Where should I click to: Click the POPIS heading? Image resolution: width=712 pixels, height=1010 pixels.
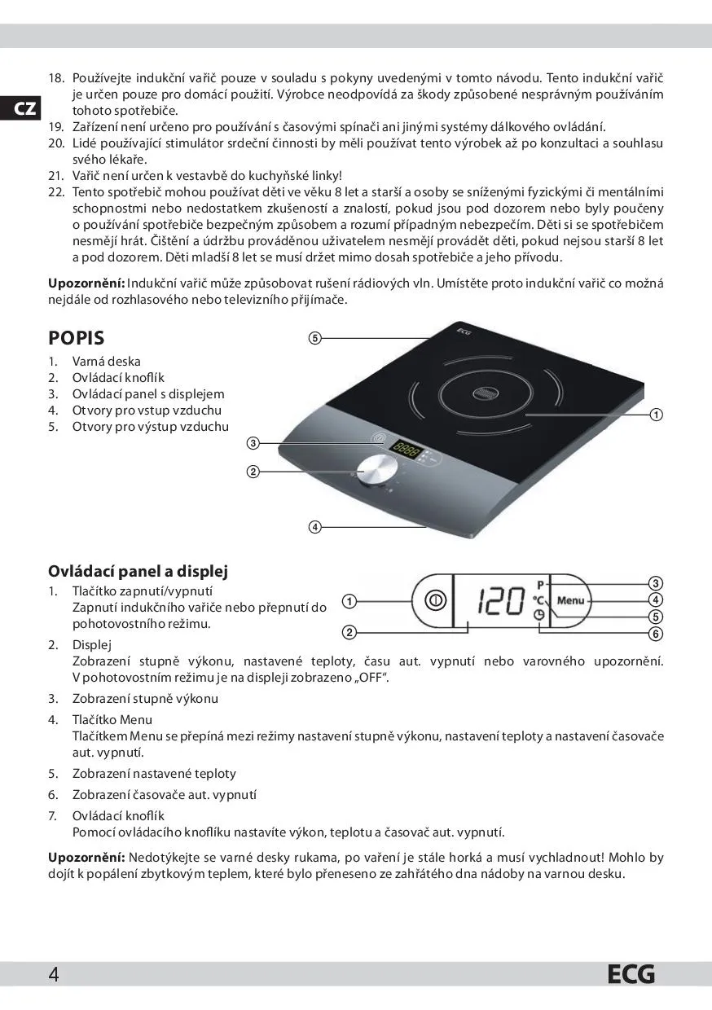(77, 337)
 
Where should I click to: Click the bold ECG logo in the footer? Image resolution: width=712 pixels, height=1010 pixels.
(631, 974)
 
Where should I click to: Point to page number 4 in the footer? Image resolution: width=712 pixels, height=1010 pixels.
(54, 974)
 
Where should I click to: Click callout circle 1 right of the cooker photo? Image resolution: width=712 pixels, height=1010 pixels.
(656, 415)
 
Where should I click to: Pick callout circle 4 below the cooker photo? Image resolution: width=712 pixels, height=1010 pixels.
(314, 526)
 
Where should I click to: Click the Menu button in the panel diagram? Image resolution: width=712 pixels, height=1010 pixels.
(571, 600)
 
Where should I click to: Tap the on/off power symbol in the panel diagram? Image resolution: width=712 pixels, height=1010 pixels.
(435, 600)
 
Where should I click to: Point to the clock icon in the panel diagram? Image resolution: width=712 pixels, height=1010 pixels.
(539, 617)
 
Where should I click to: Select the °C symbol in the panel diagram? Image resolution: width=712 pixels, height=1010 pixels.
(538, 600)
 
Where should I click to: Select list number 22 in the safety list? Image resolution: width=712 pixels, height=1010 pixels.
(56, 192)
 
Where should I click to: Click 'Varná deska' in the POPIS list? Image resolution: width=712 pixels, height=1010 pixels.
(106, 361)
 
